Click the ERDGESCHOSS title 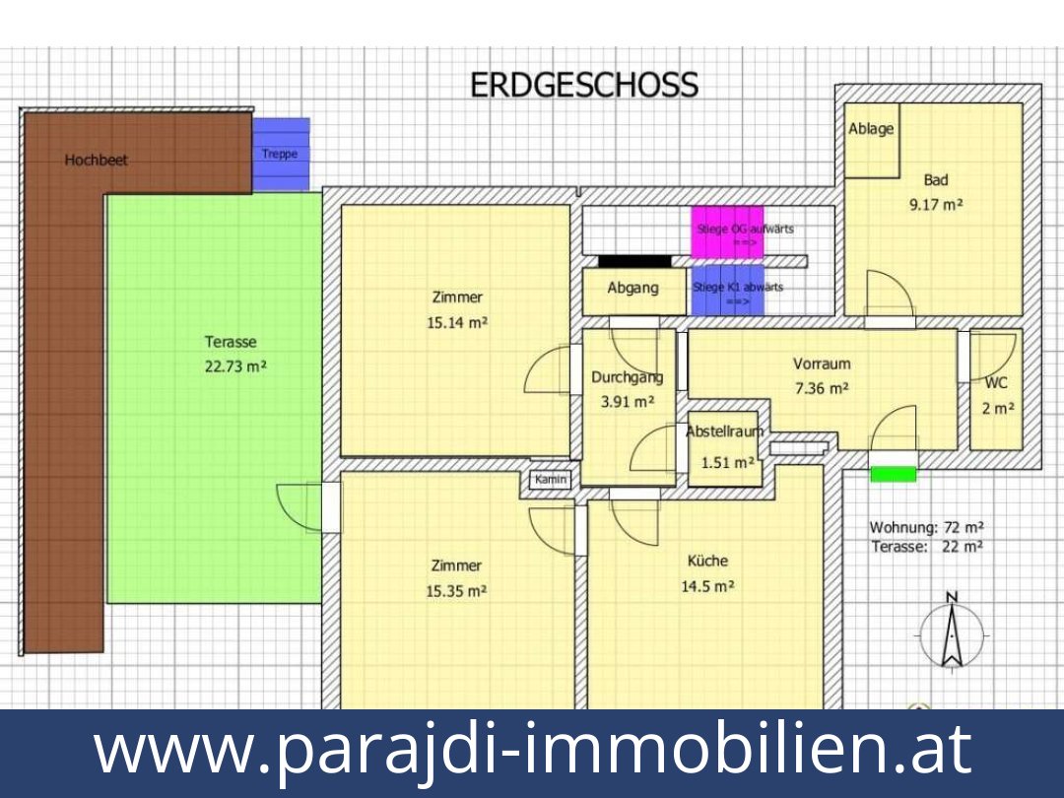[584, 86]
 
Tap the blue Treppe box [281, 154]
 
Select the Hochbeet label [97, 160]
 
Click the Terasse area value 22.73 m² [235, 366]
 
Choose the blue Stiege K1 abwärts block [728, 291]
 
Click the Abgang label [632, 289]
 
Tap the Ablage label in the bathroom [871, 129]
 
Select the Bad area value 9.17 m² [935, 206]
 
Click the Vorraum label [822, 364]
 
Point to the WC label [996, 384]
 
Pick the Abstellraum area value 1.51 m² [727, 462]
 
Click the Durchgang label [627, 377]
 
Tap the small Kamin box [551, 479]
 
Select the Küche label [707, 561]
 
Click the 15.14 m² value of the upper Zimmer [457, 322]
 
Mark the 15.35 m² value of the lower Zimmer [457, 591]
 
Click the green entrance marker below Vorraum [894, 475]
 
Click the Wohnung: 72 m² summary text [926, 527]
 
